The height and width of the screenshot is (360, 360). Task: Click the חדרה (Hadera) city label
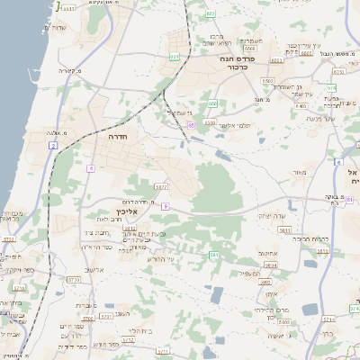[117, 140]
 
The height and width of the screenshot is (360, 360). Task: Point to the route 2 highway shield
[53, 145]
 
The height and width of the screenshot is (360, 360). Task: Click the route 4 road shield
[90, 168]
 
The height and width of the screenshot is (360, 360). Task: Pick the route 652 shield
[210, 14]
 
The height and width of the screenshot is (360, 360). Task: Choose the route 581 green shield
[213, 256]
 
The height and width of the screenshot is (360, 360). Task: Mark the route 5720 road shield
[74, 280]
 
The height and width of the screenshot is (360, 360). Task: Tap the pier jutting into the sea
[58, 5]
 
